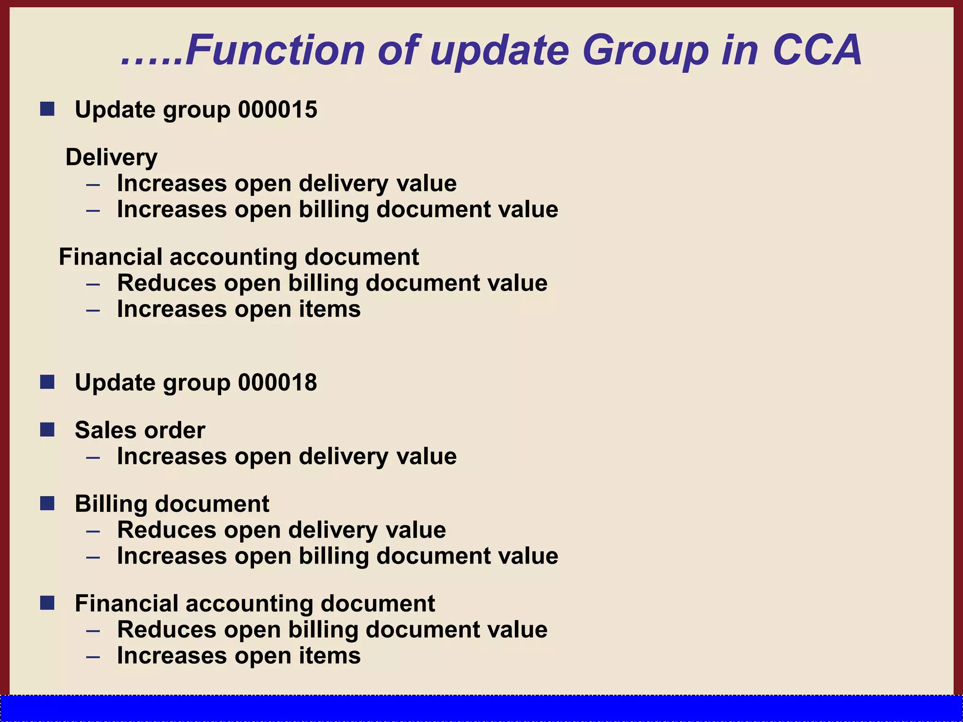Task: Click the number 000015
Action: click(x=277, y=110)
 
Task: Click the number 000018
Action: click(x=277, y=382)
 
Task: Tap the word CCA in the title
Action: click(x=817, y=50)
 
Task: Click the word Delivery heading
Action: click(x=111, y=157)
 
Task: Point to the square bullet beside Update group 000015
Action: click(x=47, y=109)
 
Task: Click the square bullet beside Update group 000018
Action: click(x=47, y=382)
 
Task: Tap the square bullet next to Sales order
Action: click(x=47, y=430)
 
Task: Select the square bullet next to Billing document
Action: click(x=47, y=503)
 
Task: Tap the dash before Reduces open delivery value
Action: click(x=93, y=531)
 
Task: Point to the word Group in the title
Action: click(x=645, y=51)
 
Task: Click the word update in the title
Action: click(x=499, y=51)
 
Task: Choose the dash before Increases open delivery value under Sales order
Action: click(x=93, y=457)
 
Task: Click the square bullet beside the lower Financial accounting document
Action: click(x=47, y=603)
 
